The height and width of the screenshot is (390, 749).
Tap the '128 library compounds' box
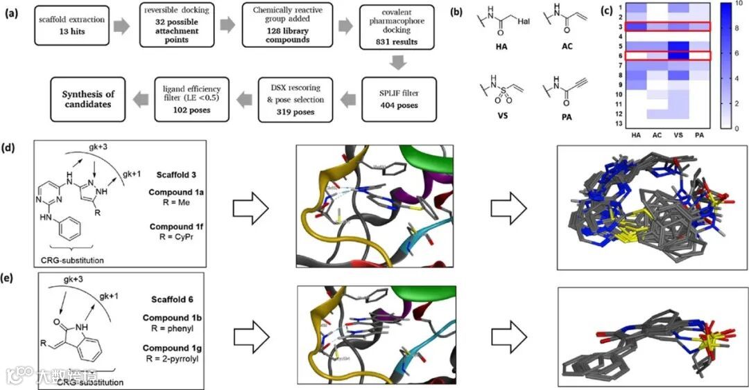(284, 26)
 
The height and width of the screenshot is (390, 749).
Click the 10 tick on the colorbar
(737, 6)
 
